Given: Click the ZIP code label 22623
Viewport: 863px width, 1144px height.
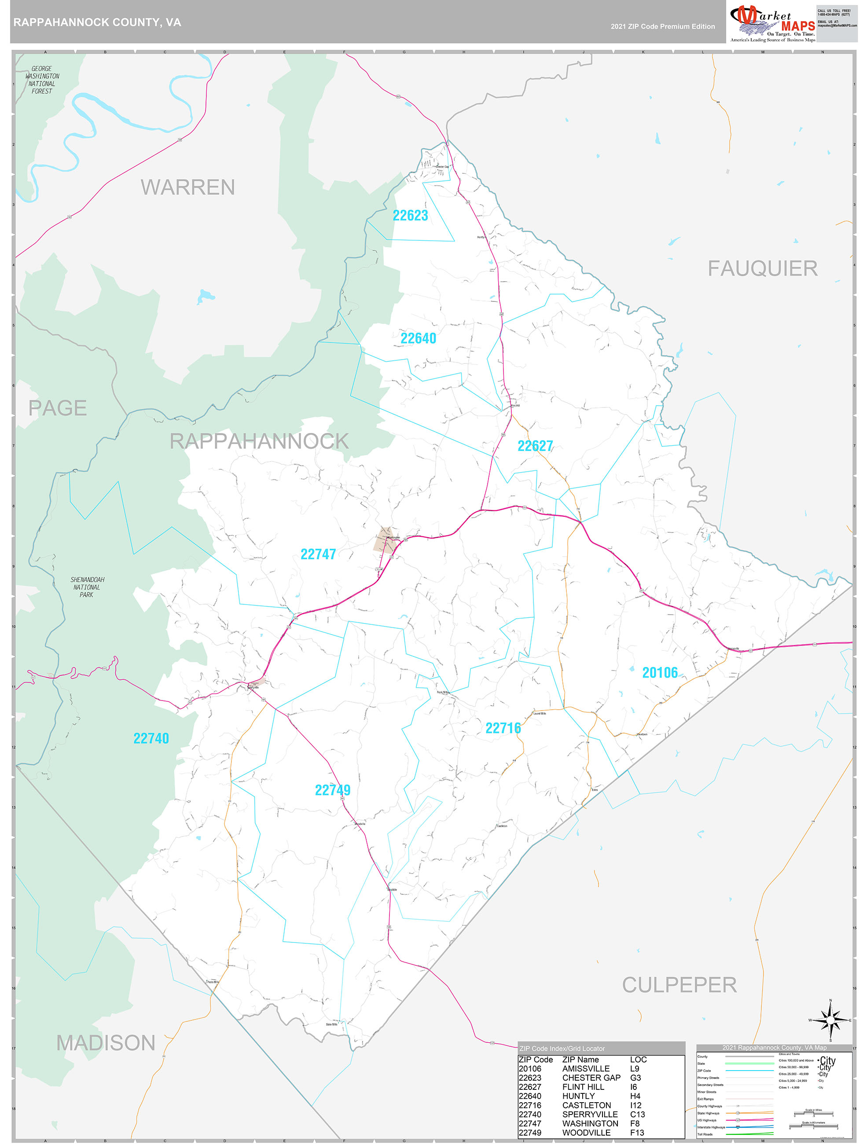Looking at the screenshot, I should click(x=410, y=215).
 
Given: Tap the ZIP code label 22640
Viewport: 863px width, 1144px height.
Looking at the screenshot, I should click(x=418, y=338).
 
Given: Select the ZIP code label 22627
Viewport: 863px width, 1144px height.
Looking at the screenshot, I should click(x=535, y=446).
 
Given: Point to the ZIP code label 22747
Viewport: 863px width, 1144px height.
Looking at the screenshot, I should click(x=318, y=554).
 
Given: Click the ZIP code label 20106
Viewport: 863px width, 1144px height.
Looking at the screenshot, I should click(x=660, y=672).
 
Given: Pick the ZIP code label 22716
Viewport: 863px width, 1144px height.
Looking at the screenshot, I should click(x=503, y=728).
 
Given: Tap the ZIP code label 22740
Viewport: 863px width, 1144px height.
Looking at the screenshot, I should click(x=151, y=738).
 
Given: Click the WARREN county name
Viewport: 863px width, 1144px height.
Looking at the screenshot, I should click(x=188, y=187).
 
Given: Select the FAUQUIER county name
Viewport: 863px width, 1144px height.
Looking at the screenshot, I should click(x=762, y=268).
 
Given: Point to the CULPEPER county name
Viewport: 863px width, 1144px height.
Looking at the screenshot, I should click(x=679, y=985).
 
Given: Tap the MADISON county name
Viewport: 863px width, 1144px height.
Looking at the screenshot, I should click(x=106, y=1043).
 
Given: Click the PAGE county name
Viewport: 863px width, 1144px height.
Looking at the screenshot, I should click(x=57, y=408).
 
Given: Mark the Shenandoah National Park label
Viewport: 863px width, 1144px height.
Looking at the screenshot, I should click(x=87, y=587).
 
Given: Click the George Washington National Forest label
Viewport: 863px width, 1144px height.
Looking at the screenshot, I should click(x=42, y=80).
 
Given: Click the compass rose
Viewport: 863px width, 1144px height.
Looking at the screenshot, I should click(x=830, y=1020).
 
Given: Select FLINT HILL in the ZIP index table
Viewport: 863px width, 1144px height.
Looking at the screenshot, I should click(x=583, y=1087).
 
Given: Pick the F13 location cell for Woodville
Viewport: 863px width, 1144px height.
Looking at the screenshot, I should click(x=637, y=1133).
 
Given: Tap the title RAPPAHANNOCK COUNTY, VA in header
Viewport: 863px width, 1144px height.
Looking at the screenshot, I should click(x=97, y=22).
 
